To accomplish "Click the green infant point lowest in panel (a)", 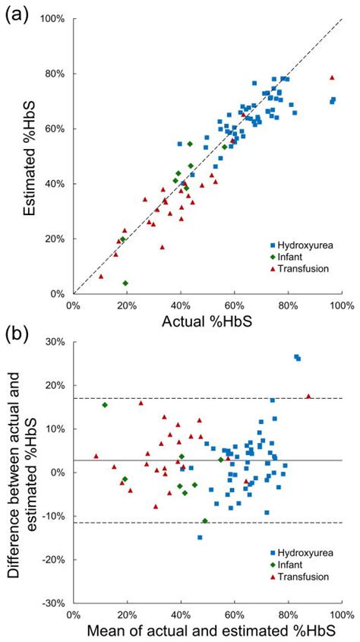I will [x=125, y=283].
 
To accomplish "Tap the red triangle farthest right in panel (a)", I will [x=331, y=77].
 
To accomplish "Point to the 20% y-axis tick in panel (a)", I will [x=57, y=239].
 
